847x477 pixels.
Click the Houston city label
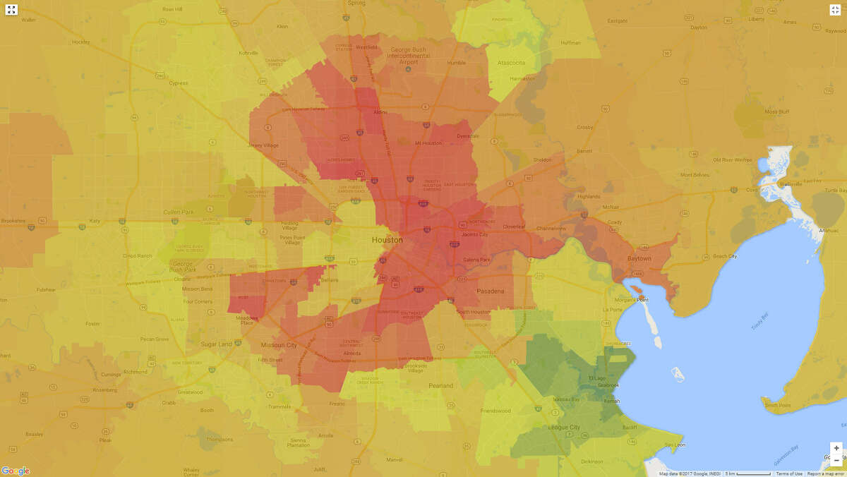(x=388, y=240)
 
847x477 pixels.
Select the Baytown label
(x=639, y=259)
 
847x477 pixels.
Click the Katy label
(x=96, y=221)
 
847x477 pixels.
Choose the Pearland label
(x=441, y=385)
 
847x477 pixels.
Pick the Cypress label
(x=179, y=83)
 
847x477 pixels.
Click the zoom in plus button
(x=836, y=448)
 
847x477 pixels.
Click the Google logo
(x=16, y=471)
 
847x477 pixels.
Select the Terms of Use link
(x=789, y=473)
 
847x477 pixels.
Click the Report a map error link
(x=827, y=473)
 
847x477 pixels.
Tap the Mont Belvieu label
(x=695, y=174)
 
